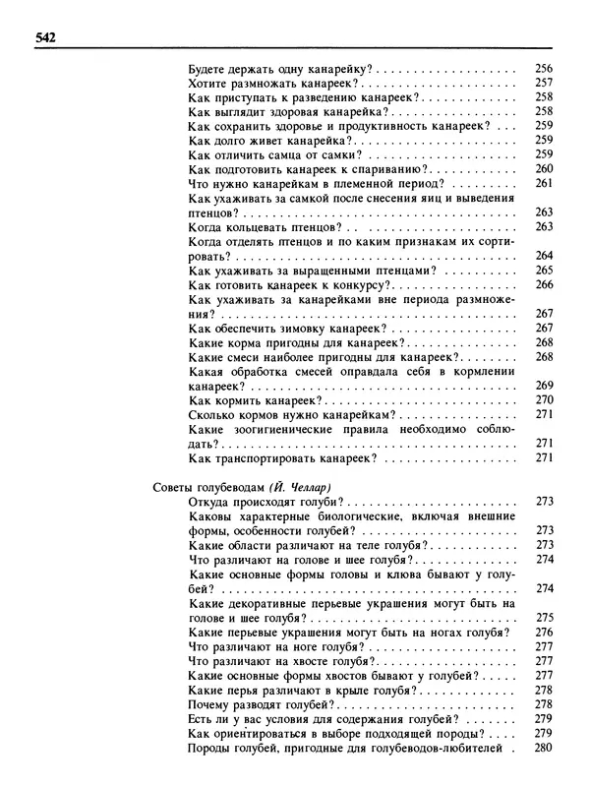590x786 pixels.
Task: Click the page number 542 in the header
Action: [44, 37]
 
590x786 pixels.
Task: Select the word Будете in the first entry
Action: [206, 71]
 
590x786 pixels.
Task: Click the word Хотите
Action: [206, 86]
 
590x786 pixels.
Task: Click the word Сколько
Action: [209, 415]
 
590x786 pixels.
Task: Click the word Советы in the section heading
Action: [175, 487]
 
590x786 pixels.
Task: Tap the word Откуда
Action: [207, 502]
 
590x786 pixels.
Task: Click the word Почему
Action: [209, 704]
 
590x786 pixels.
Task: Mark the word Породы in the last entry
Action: [208, 748]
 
